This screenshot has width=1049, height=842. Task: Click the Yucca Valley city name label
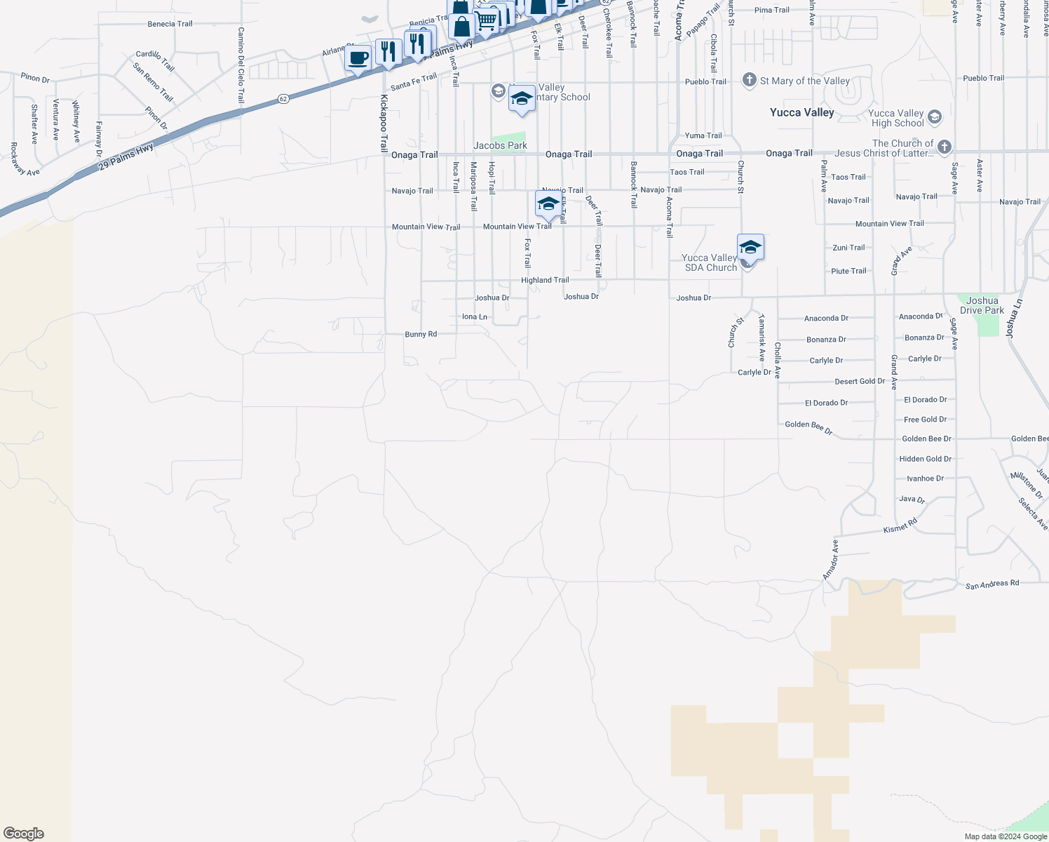coord(801,112)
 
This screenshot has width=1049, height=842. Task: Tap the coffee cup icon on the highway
coord(358,58)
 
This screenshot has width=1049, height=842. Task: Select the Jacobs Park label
coord(500,146)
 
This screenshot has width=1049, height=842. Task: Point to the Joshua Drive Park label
coord(982,305)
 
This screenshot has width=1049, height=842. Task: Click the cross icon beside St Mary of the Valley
coord(749,80)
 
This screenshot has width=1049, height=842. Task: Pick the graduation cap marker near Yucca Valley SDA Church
coord(750,247)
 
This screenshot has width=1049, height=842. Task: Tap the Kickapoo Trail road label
coord(384,123)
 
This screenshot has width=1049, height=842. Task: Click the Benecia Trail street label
coord(170,24)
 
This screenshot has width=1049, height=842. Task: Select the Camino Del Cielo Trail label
coord(241,65)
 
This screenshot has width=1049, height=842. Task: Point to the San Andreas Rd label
coord(992,584)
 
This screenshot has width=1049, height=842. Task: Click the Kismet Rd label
coord(900,527)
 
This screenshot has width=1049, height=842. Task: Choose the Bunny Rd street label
coord(421,334)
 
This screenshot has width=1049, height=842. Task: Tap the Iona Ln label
coord(474,316)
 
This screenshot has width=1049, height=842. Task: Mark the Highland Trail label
coord(545,280)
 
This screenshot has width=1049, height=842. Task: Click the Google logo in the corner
coord(24,834)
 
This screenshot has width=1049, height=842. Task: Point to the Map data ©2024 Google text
coord(1005,836)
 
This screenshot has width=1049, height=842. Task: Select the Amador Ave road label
coord(830,560)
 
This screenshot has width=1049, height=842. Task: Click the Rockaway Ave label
coord(24,159)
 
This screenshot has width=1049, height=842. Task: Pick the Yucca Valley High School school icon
coord(934,117)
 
